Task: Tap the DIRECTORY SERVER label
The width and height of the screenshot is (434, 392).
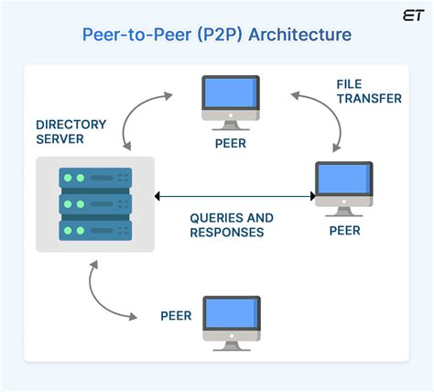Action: click(72, 131)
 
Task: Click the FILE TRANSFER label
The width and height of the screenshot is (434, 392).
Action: click(368, 90)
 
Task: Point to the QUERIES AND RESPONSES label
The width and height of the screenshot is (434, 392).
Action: click(231, 225)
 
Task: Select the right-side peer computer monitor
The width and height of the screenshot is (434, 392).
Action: click(343, 183)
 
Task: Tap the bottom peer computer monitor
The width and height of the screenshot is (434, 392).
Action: click(232, 316)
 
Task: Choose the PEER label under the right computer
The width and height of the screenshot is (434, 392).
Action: click(344, 231)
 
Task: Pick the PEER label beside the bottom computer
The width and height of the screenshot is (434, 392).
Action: click(176, 316)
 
